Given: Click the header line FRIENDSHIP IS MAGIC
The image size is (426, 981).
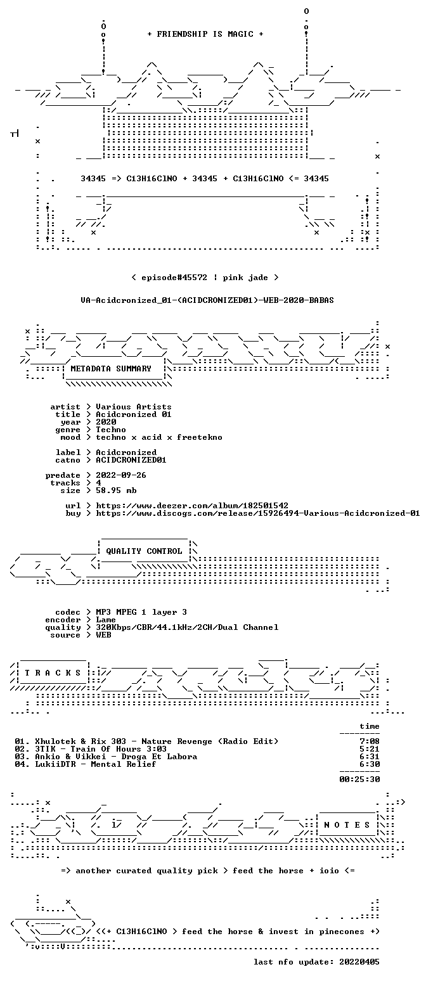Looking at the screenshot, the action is coord(205,34).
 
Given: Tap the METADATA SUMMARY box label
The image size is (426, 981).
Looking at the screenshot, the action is coord(111,369).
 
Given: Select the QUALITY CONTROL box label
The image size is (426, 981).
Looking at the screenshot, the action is coord(144,551).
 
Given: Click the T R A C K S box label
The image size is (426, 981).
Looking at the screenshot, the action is coord(53,672).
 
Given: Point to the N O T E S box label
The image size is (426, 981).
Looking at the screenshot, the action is coord(347,824).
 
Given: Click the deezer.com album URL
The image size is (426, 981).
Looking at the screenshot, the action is coord(192,505).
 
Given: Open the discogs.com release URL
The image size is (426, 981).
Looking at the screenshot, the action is coord(258,513).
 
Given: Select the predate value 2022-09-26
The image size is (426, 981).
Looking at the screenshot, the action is coord(121,475).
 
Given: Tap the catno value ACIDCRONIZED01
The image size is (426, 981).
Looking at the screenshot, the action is coord(131,460).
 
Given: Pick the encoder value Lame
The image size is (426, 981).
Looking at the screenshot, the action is coord(106,620).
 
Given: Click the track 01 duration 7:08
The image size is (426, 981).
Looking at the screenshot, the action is coord(370,741).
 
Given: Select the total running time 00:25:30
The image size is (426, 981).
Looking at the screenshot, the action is coord(359,779).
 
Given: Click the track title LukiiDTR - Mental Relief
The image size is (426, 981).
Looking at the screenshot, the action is coord(96,764).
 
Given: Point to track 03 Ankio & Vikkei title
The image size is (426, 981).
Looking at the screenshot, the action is coord(116,756).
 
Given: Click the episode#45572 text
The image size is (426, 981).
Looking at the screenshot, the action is coord(174,277).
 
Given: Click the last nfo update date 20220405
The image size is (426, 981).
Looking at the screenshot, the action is coord(359,962).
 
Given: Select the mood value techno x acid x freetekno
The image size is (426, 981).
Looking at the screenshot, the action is coord(159,437).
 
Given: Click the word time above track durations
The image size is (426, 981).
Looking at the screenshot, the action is coord(370,726).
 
